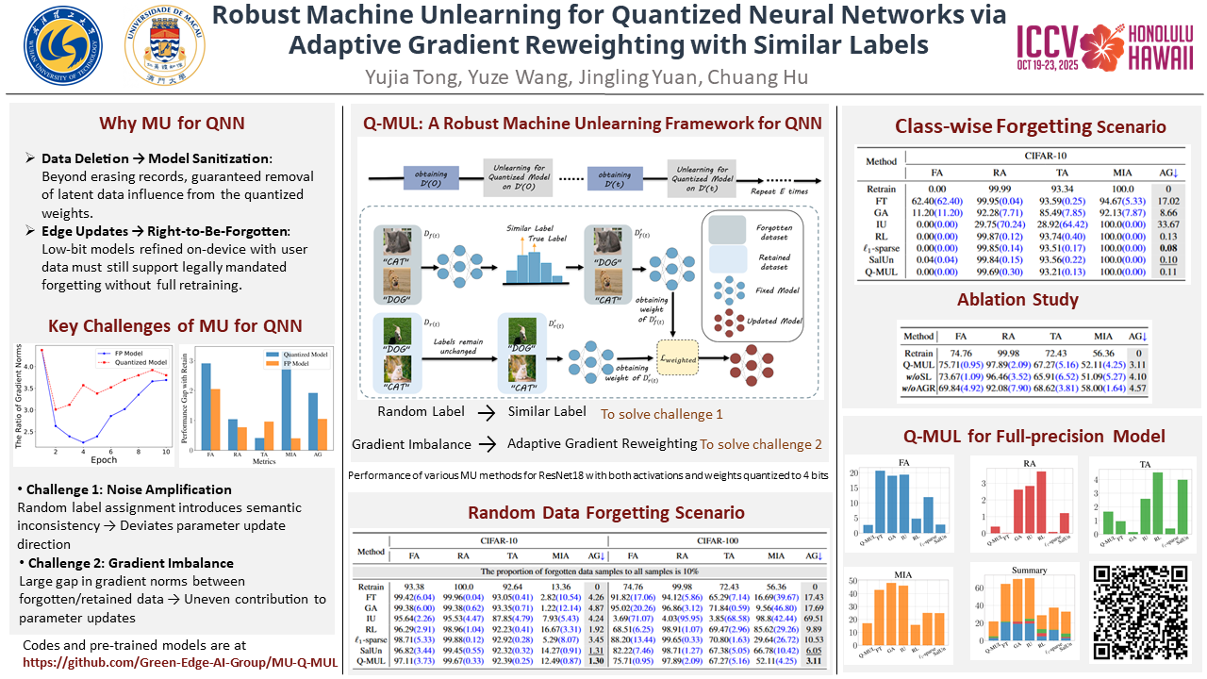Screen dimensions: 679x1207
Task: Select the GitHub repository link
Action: pos(180,662)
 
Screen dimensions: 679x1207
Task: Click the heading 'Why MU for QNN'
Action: pos(173,124)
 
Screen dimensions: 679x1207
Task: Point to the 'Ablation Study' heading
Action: pos(1019,299)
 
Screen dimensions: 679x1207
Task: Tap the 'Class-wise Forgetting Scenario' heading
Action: pos(1030,126)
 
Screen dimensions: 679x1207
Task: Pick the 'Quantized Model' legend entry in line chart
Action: pos(144,362)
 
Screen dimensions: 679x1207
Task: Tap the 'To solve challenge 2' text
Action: pos(760,444)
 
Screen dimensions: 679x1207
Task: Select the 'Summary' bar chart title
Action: pos(1029,570)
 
